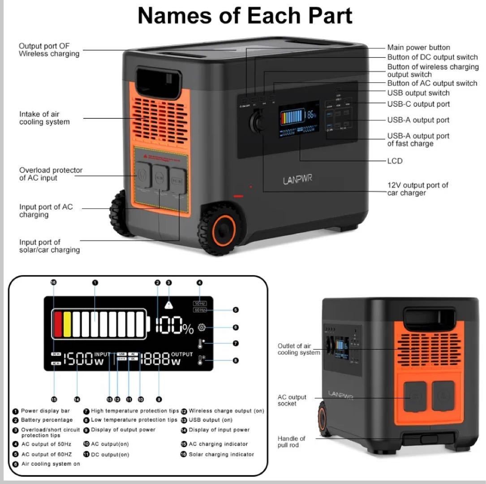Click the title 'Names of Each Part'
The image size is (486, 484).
click(245, 16)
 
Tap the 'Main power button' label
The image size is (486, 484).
click(418, 48)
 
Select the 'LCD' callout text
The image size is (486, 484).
click(395, 161)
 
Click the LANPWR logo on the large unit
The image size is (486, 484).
click(297, 180)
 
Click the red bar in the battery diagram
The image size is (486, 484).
click(58, 324)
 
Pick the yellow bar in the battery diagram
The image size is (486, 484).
click(67, 324)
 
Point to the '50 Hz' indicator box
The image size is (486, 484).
click(200, 303)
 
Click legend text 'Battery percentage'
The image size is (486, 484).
click(47, 420)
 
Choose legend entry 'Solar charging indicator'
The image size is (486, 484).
click(221, 454)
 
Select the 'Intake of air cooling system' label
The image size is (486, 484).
click(44, 118)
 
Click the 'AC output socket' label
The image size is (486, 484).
click(292, 400)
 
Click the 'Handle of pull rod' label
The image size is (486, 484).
click(291, 441)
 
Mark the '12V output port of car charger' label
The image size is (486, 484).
click(417, 189)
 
